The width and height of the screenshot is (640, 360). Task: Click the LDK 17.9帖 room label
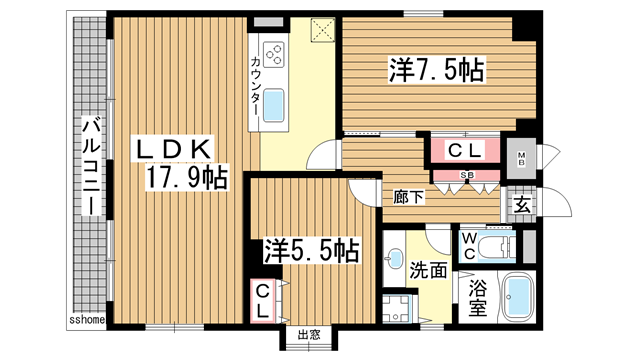point(181,163)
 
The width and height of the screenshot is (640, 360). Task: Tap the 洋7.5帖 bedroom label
point(437,70)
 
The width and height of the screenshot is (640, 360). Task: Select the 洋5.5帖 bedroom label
point(311,250)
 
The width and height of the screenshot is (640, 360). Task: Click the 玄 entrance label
point(522,206)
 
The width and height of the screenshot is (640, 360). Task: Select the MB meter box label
point(522,159)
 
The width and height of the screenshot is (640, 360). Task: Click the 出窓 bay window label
point(306,335)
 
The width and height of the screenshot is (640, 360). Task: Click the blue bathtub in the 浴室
point(519,299)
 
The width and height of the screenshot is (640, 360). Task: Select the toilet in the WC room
point(494,245)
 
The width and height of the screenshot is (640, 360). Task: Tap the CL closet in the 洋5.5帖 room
point(262,300)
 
